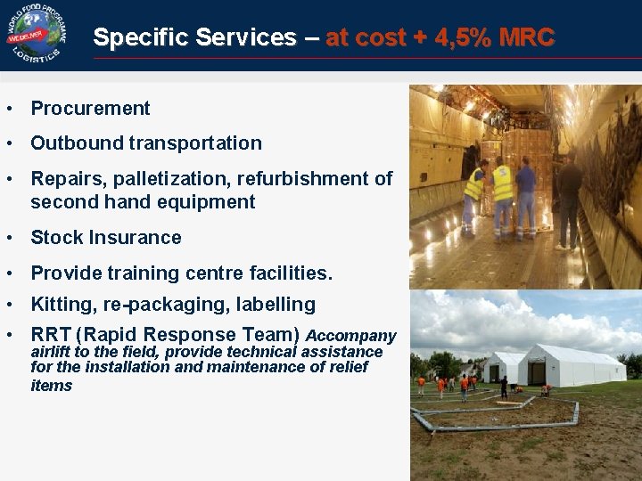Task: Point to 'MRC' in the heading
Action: (526, 37)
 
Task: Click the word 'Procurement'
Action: (90, 109)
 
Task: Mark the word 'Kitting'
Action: (63, 305)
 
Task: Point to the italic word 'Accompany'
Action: (350, 336)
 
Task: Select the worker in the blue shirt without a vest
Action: (526, 196)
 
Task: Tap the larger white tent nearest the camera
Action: (571, 365)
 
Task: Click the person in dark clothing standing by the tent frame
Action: (504, 387)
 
